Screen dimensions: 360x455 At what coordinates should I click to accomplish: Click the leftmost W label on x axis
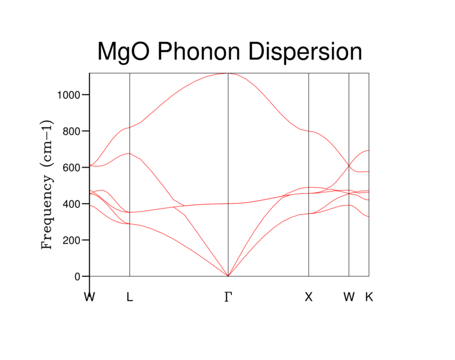pyautogui.click(x=90, y=296)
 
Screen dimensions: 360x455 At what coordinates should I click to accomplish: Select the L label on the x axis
pyautogui.click(x=130, y=296)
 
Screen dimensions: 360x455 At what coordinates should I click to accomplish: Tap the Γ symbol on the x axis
pyautogui.click(x=228, y=296)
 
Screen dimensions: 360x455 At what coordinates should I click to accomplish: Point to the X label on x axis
pyautogui.click(x=309, y=296)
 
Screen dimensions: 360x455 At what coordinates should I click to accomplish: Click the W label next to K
pyautogui.click(x=349, y=296)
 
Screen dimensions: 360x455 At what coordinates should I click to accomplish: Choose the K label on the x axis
pyautogui.click(x=369, y=296)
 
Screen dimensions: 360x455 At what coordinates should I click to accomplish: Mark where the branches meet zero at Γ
pyautogui.click(x=228, y=276)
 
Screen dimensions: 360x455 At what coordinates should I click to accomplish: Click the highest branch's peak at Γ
pyautogui.click(x=228, y=73)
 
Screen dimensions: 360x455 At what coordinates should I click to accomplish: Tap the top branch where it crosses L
pyautogui.click(x=130, y=127)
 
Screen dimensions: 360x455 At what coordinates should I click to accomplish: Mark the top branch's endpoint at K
pyautogui.click(x=368, y=150)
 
